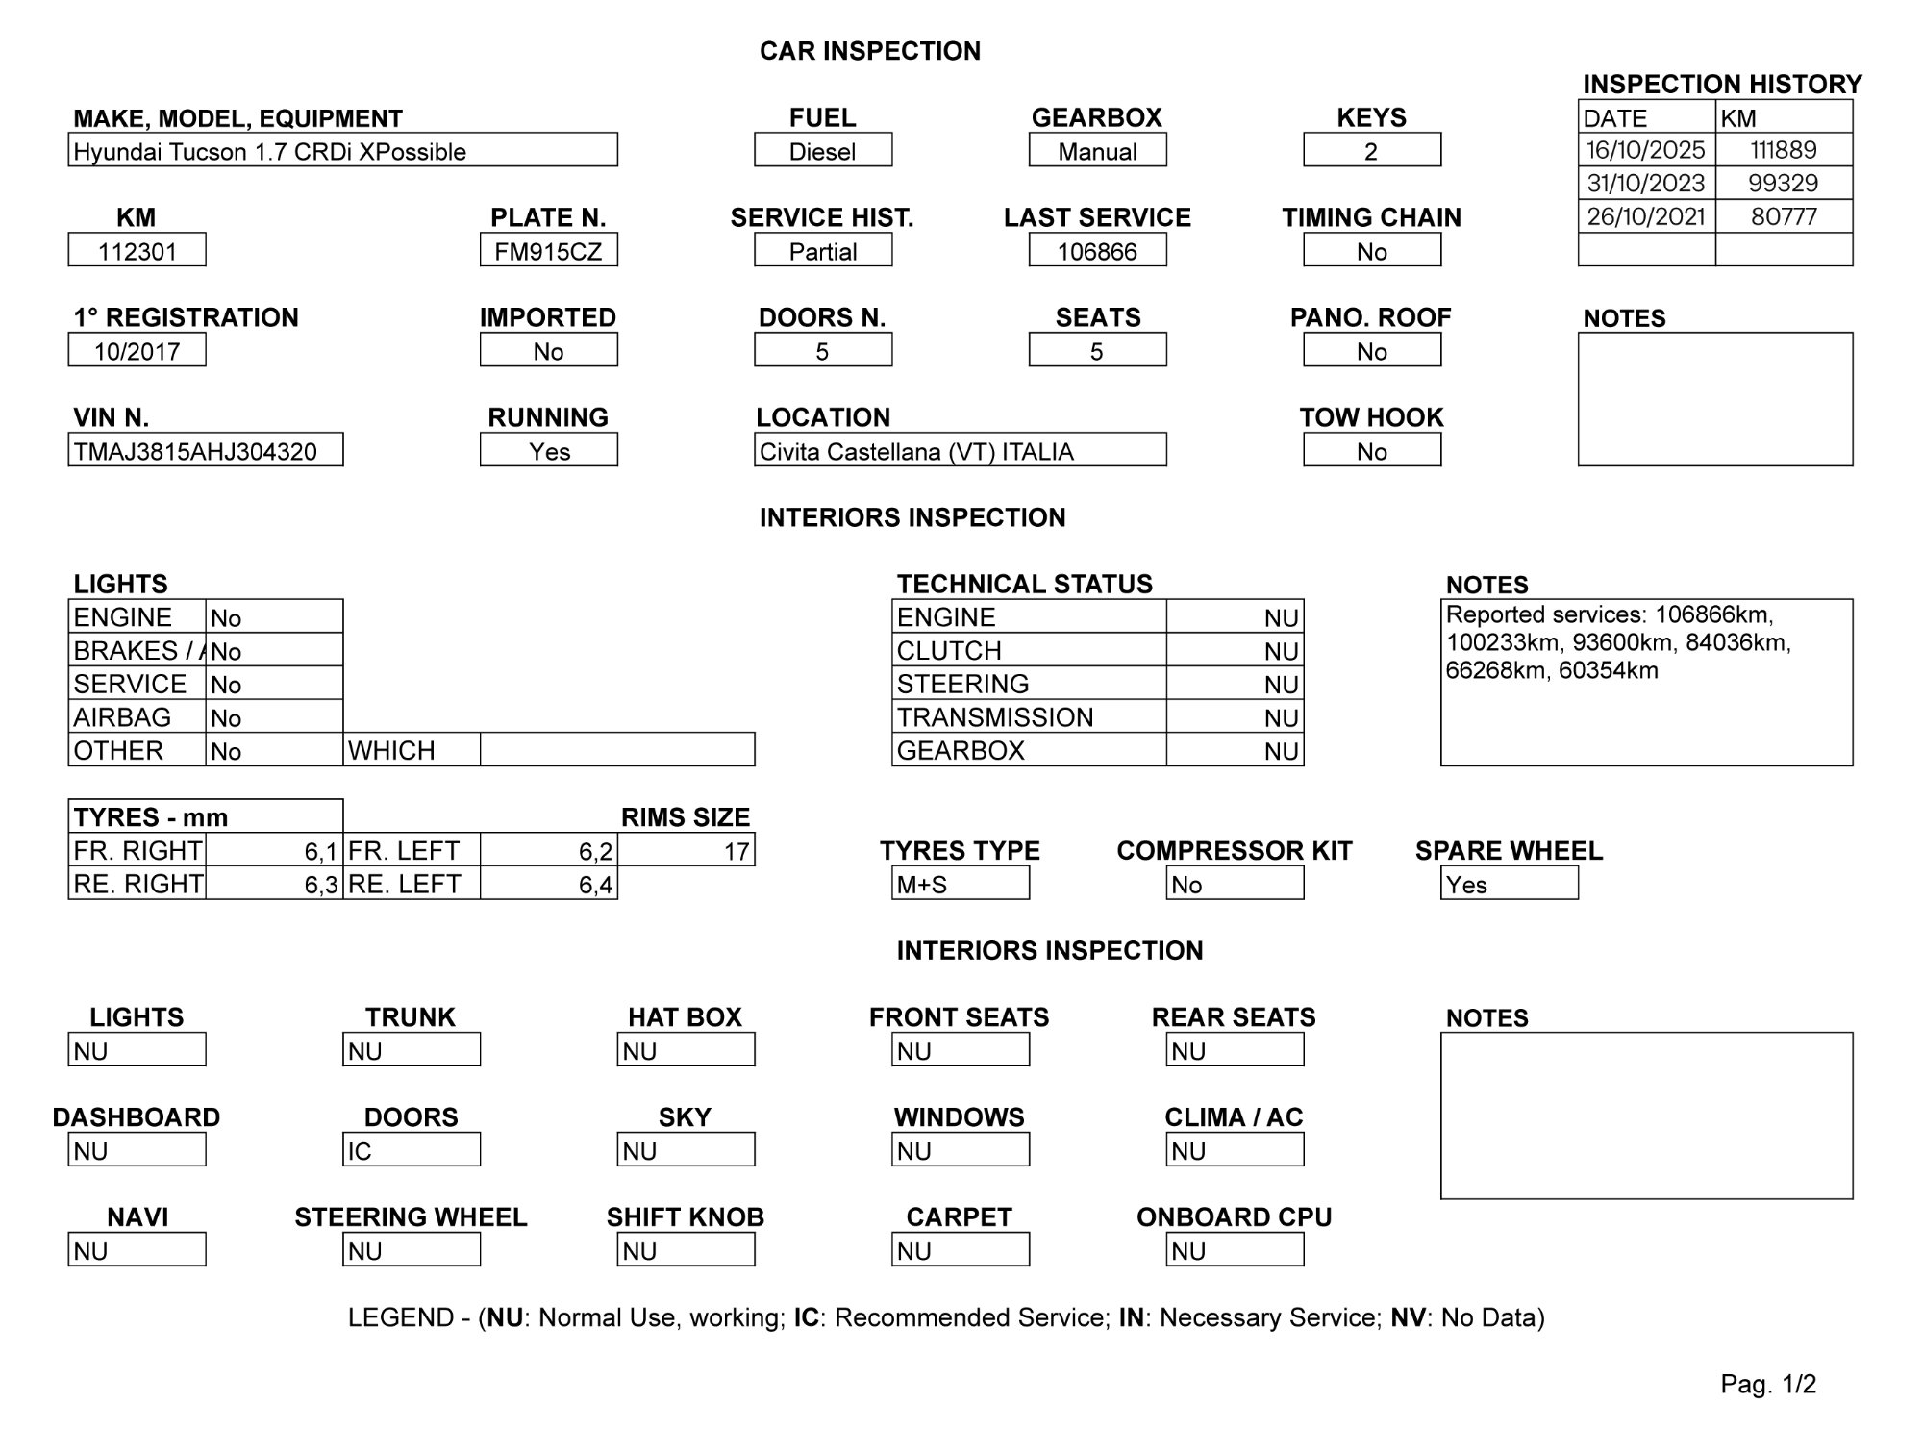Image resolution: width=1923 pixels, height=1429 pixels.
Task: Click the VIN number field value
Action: click(x=205, y=450)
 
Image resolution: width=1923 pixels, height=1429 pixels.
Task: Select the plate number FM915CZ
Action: click(x=548, y=250)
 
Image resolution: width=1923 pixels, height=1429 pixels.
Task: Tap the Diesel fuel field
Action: click(x=823, y=151)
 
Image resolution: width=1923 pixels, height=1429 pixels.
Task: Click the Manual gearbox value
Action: click(x=1097, y=151)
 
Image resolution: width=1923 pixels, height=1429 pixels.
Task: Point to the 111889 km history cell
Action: click(x=1783, y=150)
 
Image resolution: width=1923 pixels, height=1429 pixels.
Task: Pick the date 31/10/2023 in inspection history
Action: click(x=1646, y=183)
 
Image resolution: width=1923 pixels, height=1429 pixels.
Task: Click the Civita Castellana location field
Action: click(x=960, y=450)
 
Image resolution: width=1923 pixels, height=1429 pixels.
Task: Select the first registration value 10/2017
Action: click(x=137, y=350)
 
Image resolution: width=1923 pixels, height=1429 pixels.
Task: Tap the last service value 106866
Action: click(x=1097, y=250)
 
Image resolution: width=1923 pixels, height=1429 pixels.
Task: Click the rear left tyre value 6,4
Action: click(x=548, y=884)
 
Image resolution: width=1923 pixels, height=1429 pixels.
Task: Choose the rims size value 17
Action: click(x=686, y=851)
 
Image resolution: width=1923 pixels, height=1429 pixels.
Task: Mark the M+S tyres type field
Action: click(x=960, y=884)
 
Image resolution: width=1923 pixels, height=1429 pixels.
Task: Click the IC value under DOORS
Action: click(x=411, y=1150)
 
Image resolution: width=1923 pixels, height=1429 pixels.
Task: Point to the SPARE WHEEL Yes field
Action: click(x=1509, y=884)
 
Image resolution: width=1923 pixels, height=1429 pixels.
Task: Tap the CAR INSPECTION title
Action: click(x=869, y=51)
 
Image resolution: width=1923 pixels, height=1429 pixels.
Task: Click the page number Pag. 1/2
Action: click(x=1767, y=1384)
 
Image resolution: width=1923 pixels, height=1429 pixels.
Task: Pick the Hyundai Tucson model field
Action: click(x=342, y=151)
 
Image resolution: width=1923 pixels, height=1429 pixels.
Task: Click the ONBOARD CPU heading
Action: click(x=1234, y=1216)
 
